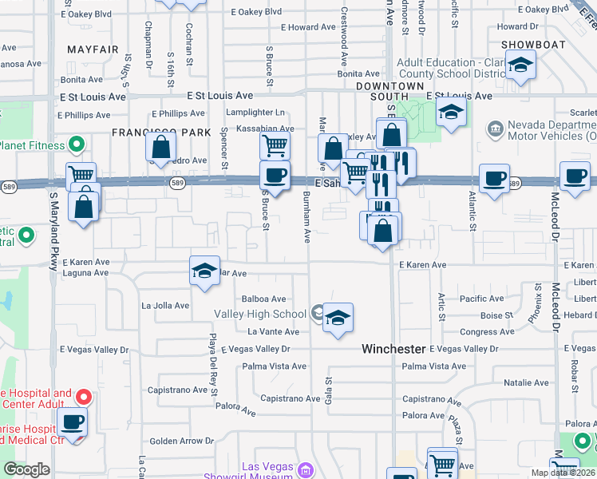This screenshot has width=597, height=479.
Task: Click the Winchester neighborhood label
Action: pyautogui.click(x=393, y=349)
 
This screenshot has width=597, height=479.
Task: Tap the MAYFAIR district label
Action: pyautogui.click(x=93, y=49)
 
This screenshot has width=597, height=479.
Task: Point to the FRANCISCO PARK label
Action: pyautogui.click(x=160, y=132)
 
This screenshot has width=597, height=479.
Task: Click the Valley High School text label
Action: pyautogui.click(x=267, y=314)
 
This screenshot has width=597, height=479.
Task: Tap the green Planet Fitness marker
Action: pyautogui.click(x=77, y=145)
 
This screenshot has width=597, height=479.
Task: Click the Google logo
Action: pyautogui.click(x=26, y=469)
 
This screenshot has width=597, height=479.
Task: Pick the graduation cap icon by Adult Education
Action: pyautogui.click(x=521, y=65)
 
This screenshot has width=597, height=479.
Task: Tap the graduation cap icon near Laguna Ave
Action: pyautogui.click(x=204, y=271)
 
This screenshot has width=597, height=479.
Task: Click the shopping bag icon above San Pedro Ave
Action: pyautogui.click(x=161, y=148)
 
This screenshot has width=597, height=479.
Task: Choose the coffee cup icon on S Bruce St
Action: pyautogui.click(x=275, y=176)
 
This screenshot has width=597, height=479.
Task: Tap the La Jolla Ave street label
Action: pyautogui.click(x=165, y=306)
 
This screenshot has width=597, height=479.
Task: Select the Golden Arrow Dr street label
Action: pyautogui.click(x=182, y=441)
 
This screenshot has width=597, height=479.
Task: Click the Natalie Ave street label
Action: pyautogui.click(x=525, y=383)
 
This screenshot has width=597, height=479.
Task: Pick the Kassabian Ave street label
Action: pyautogui.click(x=259, y=129)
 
